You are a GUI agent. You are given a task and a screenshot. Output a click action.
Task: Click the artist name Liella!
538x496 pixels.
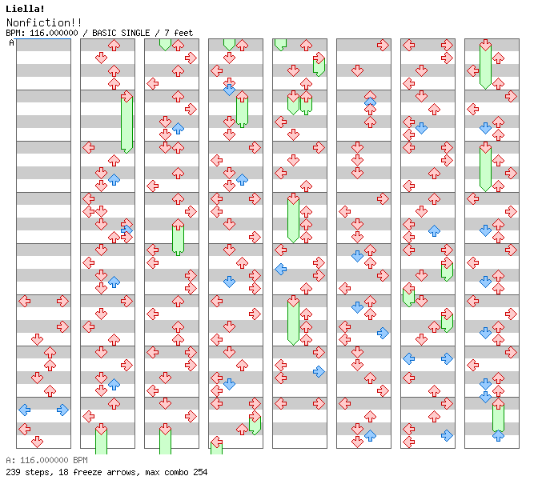pyautogui.click(x=24, y=9)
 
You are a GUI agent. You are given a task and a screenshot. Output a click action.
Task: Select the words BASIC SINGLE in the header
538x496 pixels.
pyautogui.click(x=124, y=33)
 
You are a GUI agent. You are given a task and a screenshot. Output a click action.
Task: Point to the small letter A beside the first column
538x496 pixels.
pyautogui.click(x=11, y=43)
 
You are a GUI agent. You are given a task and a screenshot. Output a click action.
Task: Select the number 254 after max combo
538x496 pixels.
pyautogui.click(x=199, y=472)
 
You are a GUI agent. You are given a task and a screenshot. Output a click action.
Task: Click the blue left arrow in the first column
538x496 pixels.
pyautogui.click(x=24, y=410)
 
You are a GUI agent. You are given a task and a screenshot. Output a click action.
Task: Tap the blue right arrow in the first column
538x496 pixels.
pyautogui.click(x=62, y=410)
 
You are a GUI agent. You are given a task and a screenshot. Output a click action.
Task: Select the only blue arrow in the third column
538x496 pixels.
pyautogui.click(x=178, y=128)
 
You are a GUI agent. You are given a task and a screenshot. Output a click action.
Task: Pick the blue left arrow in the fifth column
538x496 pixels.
pyautogui.click(x=280, y=269)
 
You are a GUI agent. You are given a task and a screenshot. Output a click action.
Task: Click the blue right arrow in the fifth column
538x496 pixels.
pyautogui.click(x=319, y=371)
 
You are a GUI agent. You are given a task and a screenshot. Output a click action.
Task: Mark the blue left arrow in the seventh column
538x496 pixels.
pyautogui.click(x=408, y=358)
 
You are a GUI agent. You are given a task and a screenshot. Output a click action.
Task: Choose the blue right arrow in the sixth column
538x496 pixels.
pyautogui.click(x=383, y=333)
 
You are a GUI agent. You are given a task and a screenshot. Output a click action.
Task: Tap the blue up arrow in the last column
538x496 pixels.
pyautogui.click(x=498, y=435)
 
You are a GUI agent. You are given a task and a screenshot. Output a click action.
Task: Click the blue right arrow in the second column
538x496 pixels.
pyautogui.click(x=126, y=230)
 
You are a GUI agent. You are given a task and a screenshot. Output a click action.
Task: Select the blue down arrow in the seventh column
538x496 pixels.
pyautogui.click(x=421, y=128)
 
